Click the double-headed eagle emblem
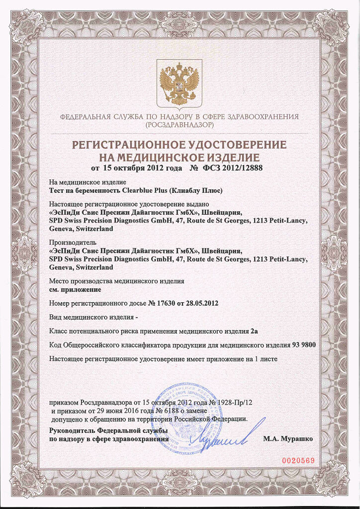click(x=179, y=84)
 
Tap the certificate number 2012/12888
click(x=241, y=168)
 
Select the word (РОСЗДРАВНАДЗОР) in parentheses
click(x=180, y=125)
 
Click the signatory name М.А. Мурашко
click(x=288, y=439)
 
